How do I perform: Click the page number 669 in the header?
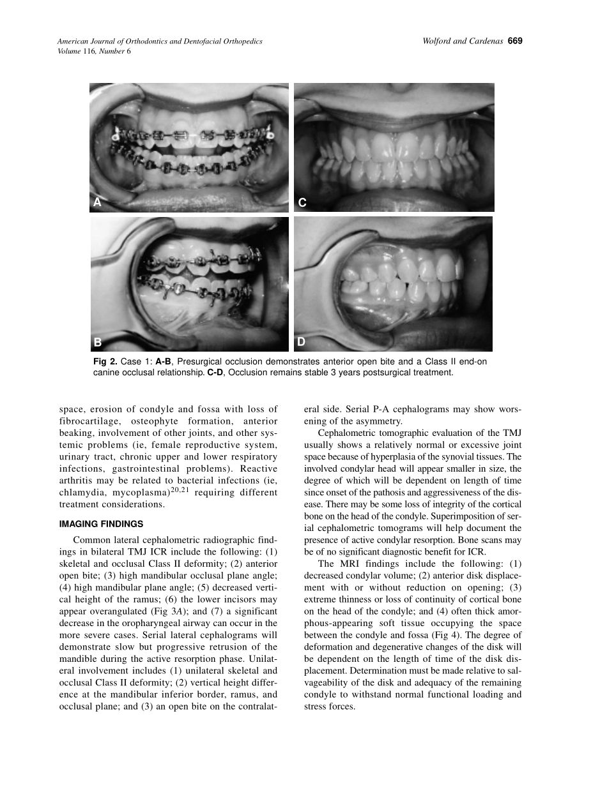coord(516,41)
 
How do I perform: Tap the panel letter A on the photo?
coord(97,202)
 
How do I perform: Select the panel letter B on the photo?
coord(98,342)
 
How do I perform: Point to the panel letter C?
coord(302,203)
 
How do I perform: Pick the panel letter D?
coord(301,342)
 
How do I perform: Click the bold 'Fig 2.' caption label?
coord(105,362)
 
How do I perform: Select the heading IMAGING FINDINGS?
coord(101,524)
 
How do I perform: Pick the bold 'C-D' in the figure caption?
coord(215,373)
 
